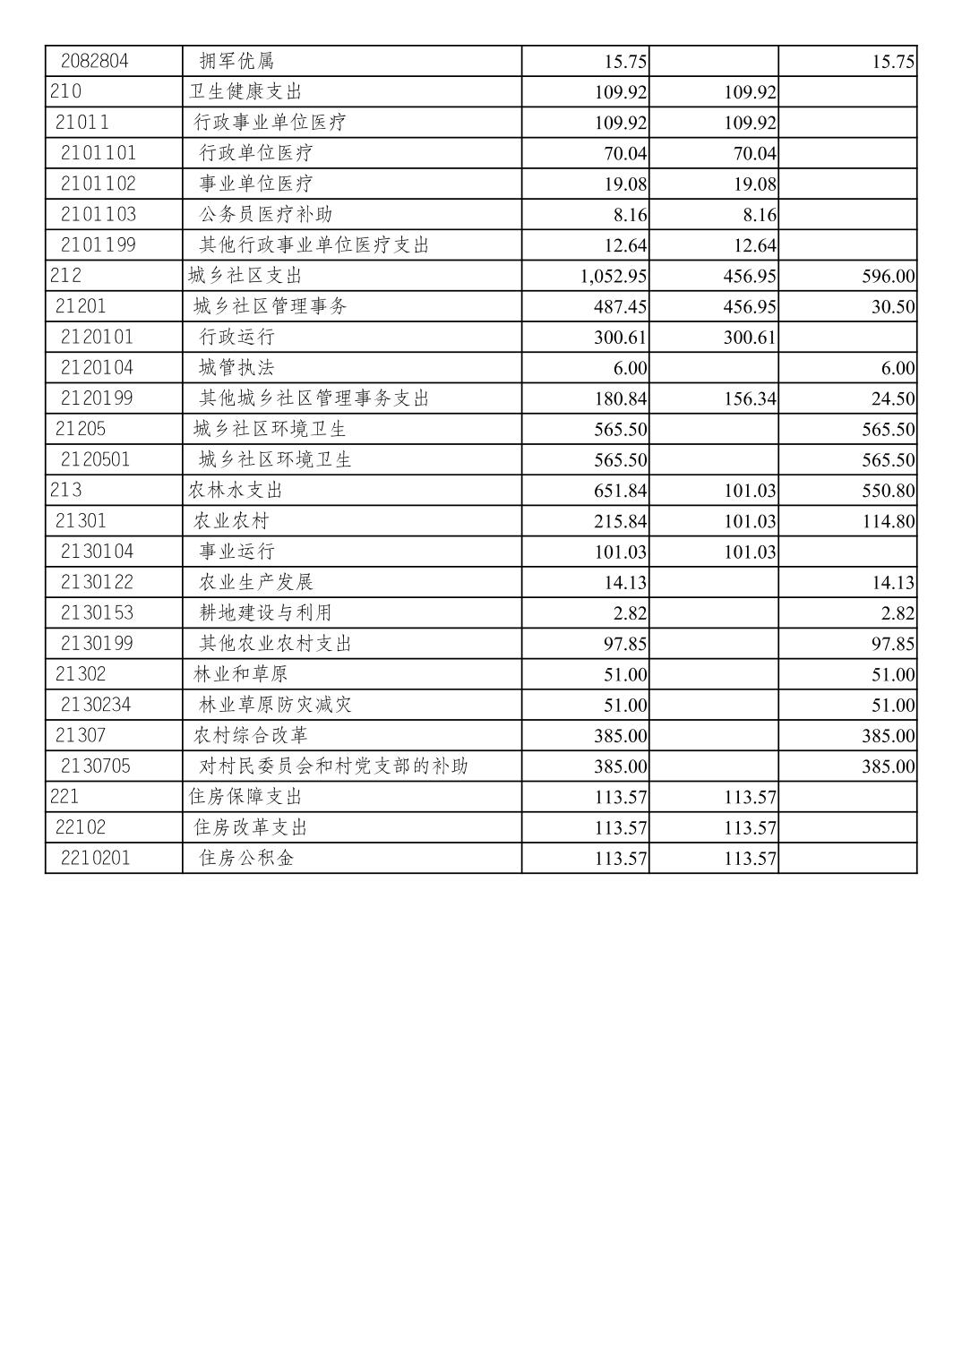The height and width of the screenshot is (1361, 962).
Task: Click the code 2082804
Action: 94,61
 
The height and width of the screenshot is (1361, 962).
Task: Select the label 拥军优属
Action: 236,61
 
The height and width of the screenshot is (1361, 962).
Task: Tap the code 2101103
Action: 99,214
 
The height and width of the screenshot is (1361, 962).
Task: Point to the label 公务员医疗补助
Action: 266,214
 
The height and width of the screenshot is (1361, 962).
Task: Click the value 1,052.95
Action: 614,277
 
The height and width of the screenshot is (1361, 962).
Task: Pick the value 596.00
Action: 889,277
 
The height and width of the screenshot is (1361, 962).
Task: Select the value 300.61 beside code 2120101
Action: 749,338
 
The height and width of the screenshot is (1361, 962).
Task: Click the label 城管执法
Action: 236,367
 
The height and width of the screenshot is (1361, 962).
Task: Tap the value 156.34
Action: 750,398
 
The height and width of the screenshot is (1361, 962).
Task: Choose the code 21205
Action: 80,429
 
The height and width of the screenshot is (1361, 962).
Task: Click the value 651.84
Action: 620,491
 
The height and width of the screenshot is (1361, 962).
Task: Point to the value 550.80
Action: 889,491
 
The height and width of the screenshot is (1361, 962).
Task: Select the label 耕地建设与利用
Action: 266,612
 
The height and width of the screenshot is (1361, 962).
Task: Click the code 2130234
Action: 96,705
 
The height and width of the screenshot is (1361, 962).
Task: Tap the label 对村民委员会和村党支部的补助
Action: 333,766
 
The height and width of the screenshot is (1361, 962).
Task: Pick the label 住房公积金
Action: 246,858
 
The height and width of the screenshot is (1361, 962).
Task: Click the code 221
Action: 64,796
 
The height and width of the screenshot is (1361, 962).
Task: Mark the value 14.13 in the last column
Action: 893,583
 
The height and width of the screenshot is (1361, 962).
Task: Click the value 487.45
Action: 620,307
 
